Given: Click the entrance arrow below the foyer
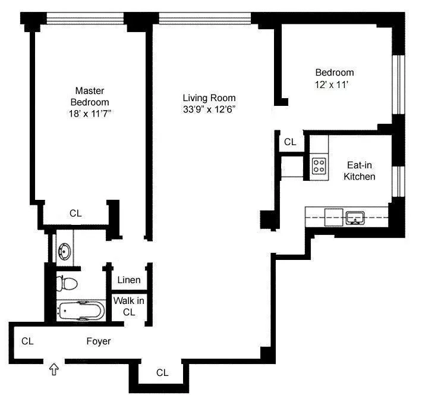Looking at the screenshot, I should tap(54, 370).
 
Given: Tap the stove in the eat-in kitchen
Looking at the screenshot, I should tap(319, 165).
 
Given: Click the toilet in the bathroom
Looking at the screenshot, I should tap(68, 282).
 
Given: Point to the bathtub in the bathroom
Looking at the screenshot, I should tap(81, 310).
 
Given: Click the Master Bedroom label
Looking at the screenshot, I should tap(90, 96).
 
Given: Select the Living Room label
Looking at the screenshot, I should tap(209, 98).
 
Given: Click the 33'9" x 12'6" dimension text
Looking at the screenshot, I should tap(209, 109).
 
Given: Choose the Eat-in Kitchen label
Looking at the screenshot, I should tap(361, 171).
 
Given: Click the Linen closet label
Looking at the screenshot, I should tap(129, 280).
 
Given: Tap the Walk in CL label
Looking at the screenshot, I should tap(129, 306).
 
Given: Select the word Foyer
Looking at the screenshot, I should tap(99, 341).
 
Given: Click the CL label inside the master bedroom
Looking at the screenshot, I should tap(75, 213).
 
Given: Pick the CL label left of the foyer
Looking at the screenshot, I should tap(27, 341).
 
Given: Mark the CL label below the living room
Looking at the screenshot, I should tap(162, 373).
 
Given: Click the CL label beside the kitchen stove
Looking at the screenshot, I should tap(290, 142).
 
